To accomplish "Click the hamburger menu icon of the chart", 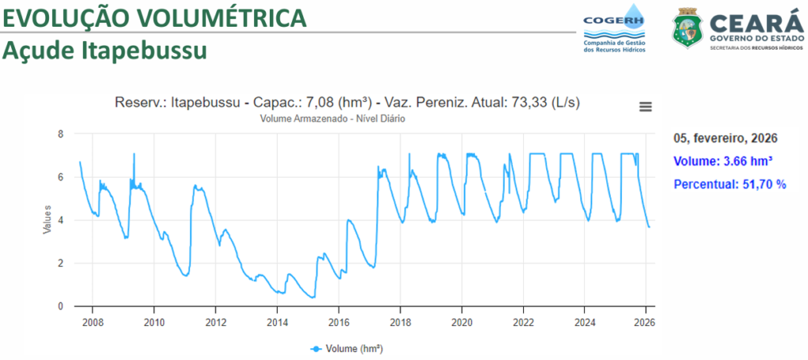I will (645, 107).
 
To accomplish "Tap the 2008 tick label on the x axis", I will (92, 322).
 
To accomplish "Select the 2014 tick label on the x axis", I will (277, 322).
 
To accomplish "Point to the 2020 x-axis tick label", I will (462, 322).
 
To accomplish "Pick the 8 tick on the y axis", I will (61, 134).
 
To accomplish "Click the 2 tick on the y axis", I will (61, 263).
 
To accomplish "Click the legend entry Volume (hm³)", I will (346, 347).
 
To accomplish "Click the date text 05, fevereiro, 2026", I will (725, 138).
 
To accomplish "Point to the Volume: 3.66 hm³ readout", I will (723, 161).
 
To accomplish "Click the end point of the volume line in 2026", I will (649, 227).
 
